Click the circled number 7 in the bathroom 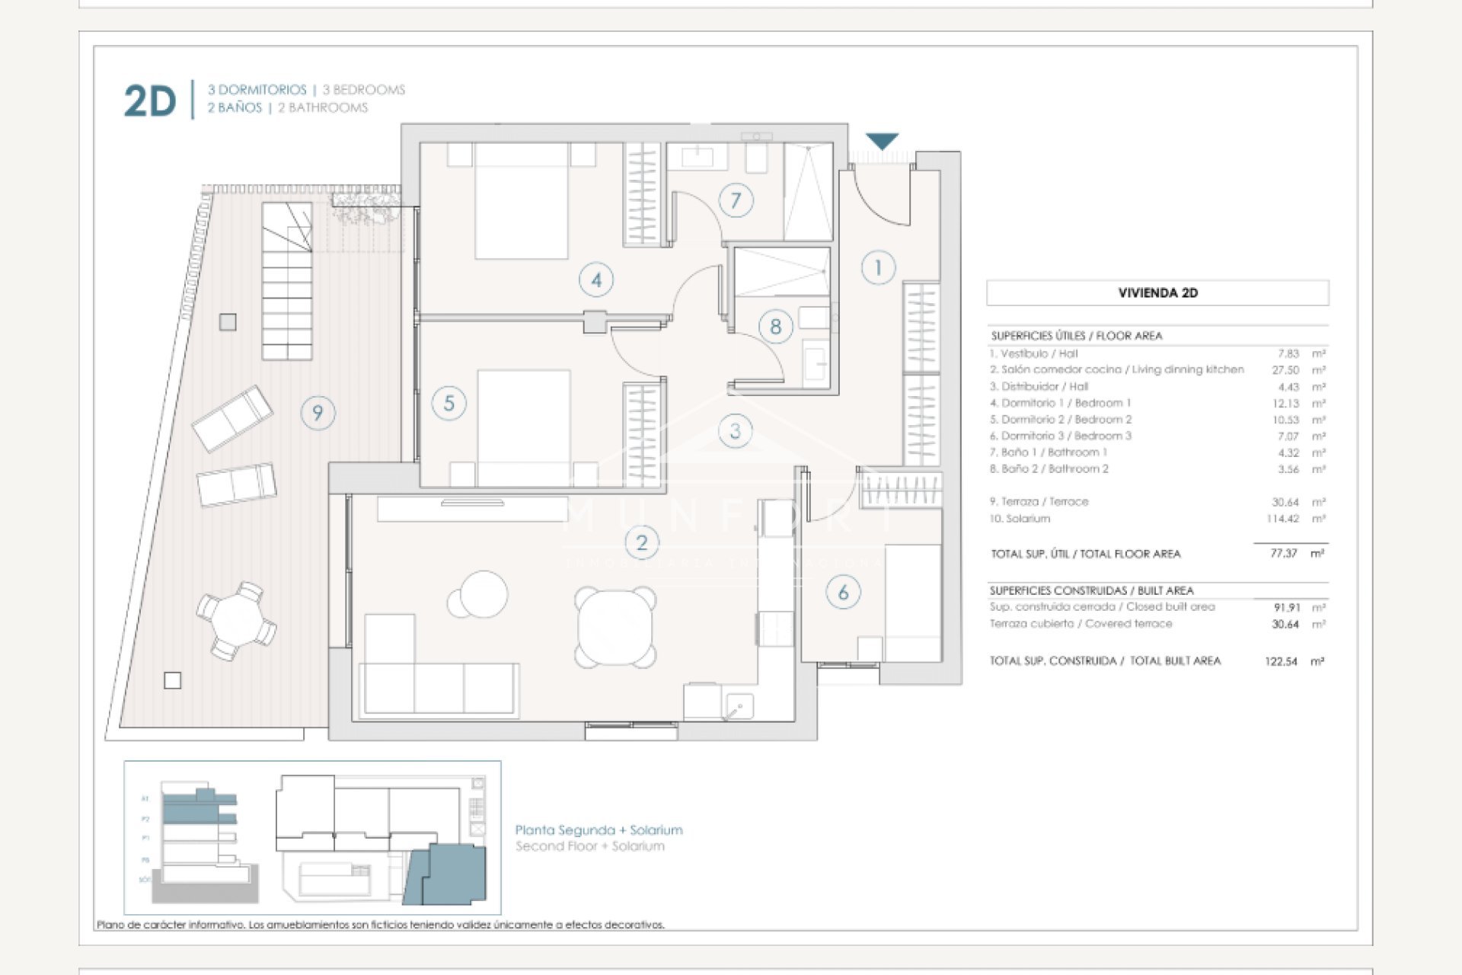[736, 200]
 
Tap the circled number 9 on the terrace [318, 413]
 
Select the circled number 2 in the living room [641, 542]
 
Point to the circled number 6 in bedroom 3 [843, 593]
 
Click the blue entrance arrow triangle [883, 141]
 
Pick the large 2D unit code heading [150, 101]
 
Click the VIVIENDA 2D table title [1157, 292]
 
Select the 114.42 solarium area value [1282, 519]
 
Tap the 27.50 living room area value [1285, 370]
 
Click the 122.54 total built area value [1281, 661]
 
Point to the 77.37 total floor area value [1283, 554]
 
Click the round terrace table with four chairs [236, 620]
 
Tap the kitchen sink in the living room [737, 706]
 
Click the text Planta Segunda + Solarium [599, 830]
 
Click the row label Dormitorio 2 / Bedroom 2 [1061, 420]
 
